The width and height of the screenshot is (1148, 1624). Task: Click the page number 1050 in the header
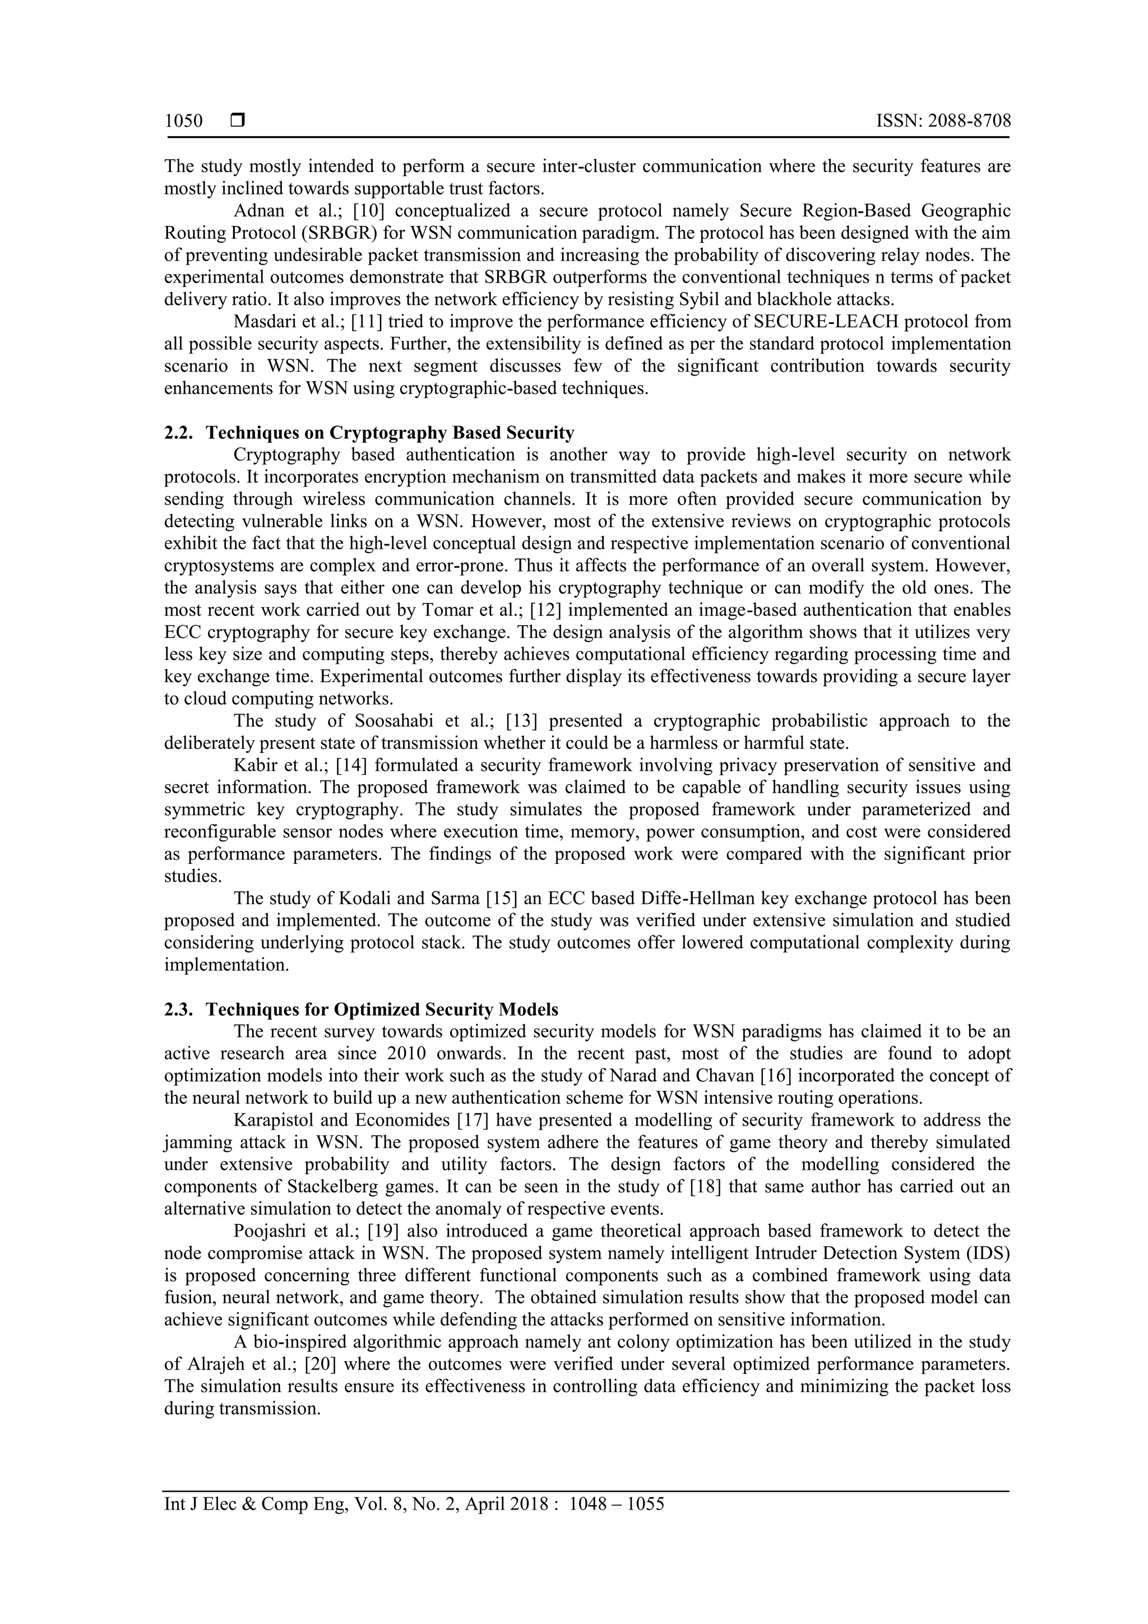coord(183,121)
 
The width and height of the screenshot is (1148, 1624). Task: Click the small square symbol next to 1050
coord(238,121)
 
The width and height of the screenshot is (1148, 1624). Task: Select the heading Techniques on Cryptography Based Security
coord(390,432)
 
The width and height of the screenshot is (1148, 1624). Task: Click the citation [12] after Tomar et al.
coord(548,610)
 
